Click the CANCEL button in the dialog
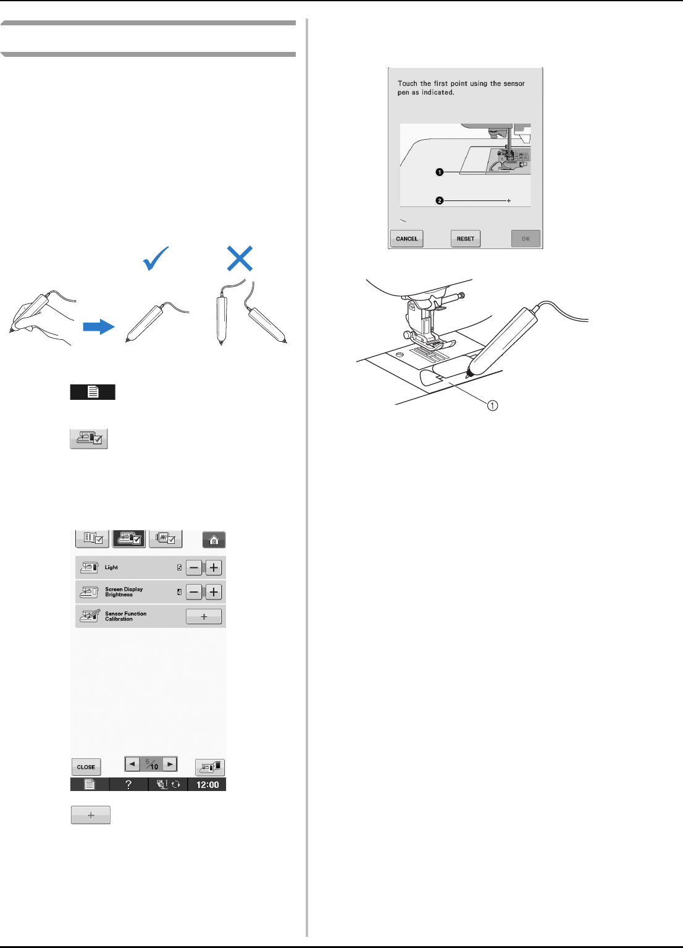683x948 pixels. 406,239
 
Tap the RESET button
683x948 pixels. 465,239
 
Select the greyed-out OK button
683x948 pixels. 526,239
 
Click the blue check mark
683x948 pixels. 156,258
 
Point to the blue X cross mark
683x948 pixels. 240,258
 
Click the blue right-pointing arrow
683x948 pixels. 99,327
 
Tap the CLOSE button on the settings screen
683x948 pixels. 86,767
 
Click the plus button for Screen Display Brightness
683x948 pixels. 214,591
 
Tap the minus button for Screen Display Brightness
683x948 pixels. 194,591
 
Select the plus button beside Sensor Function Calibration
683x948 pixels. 204,617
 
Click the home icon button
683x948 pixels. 214,540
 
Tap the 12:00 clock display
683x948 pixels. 207,785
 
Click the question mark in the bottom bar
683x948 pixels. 128,785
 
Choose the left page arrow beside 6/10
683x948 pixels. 132,764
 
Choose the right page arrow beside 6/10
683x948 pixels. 170,764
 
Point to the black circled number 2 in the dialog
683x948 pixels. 440,201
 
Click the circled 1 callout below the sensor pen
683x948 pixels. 492,405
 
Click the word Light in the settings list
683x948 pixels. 111,567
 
